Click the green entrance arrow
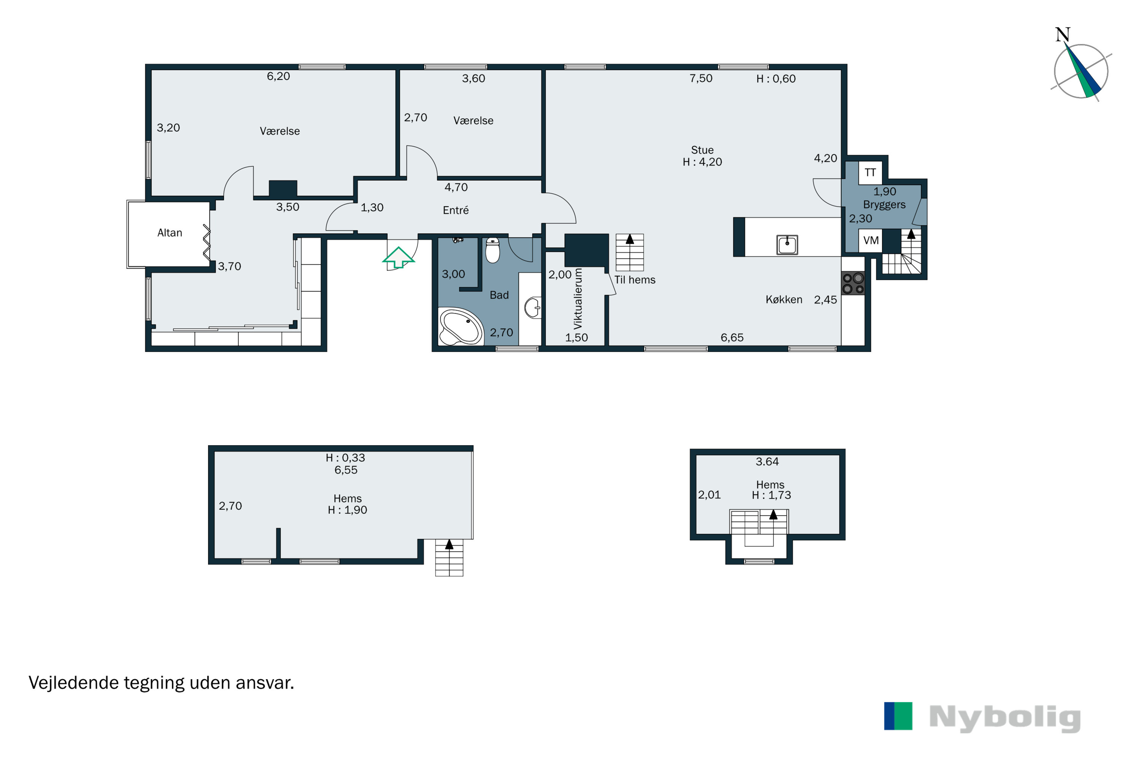398,257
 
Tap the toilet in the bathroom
493,250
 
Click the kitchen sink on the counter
787,245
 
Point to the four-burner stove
853,284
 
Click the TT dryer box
870,173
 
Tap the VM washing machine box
871,240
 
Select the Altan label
170,233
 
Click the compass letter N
1062,35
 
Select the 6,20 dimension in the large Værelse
278,76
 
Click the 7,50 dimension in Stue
701,79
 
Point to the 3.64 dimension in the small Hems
767,462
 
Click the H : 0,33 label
345,458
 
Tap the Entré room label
456,210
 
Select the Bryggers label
884,205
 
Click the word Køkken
784,300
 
